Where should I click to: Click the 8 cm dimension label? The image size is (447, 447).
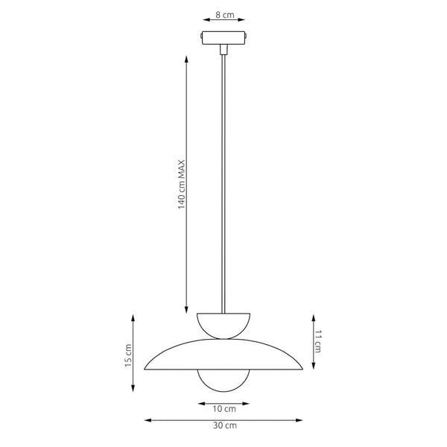tap(225, 15)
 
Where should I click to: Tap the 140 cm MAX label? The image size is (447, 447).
tap(182, 185)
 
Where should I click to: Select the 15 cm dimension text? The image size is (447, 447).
tap(128, 355)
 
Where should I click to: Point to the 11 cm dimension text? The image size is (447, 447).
tap(318, 341)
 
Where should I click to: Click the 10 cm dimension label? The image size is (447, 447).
tap(224, 409)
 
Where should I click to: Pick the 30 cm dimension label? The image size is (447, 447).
tap(225, 425)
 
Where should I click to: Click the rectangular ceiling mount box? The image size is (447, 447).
tap(223, 38)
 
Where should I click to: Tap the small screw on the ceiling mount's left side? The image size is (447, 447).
tap(201, 37)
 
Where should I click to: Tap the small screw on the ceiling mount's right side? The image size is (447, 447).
tap(246, 37)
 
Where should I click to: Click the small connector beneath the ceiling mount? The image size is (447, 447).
tap(223, 49)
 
